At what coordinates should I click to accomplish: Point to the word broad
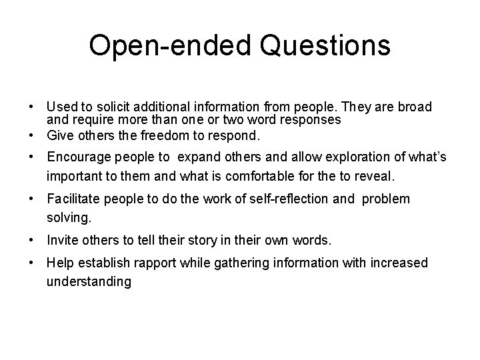pyautogui.click(x=415, y=107)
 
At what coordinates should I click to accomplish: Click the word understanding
pyautogui.click(x=89, y=282)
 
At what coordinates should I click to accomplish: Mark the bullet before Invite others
pyautogui.click(x=32, y=241)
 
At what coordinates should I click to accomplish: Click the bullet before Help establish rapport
pyautogui.click(x=32, y=263)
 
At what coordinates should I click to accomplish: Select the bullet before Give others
pyautogui.click(x=32, y=135)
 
